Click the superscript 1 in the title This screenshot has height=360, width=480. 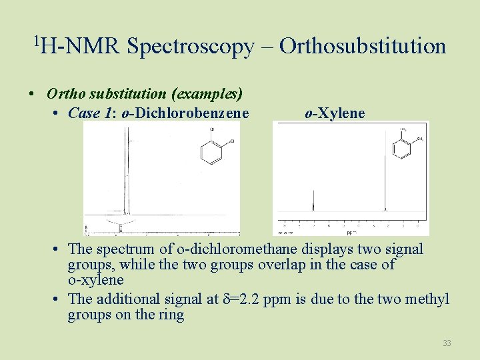(x=36, y=41)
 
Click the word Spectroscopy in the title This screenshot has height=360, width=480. (x=190, y=46)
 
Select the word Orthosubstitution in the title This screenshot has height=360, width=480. (x=363, y=46)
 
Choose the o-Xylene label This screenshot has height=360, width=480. (x=335, y=113)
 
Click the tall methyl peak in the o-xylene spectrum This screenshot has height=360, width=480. (x=385, y=187)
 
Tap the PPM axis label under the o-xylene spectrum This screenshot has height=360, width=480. (x=351, y=233)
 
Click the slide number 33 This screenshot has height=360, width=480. (x=447, y=343)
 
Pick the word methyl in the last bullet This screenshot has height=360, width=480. (x=428, y=299)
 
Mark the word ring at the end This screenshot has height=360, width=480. (x=170, y=315)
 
